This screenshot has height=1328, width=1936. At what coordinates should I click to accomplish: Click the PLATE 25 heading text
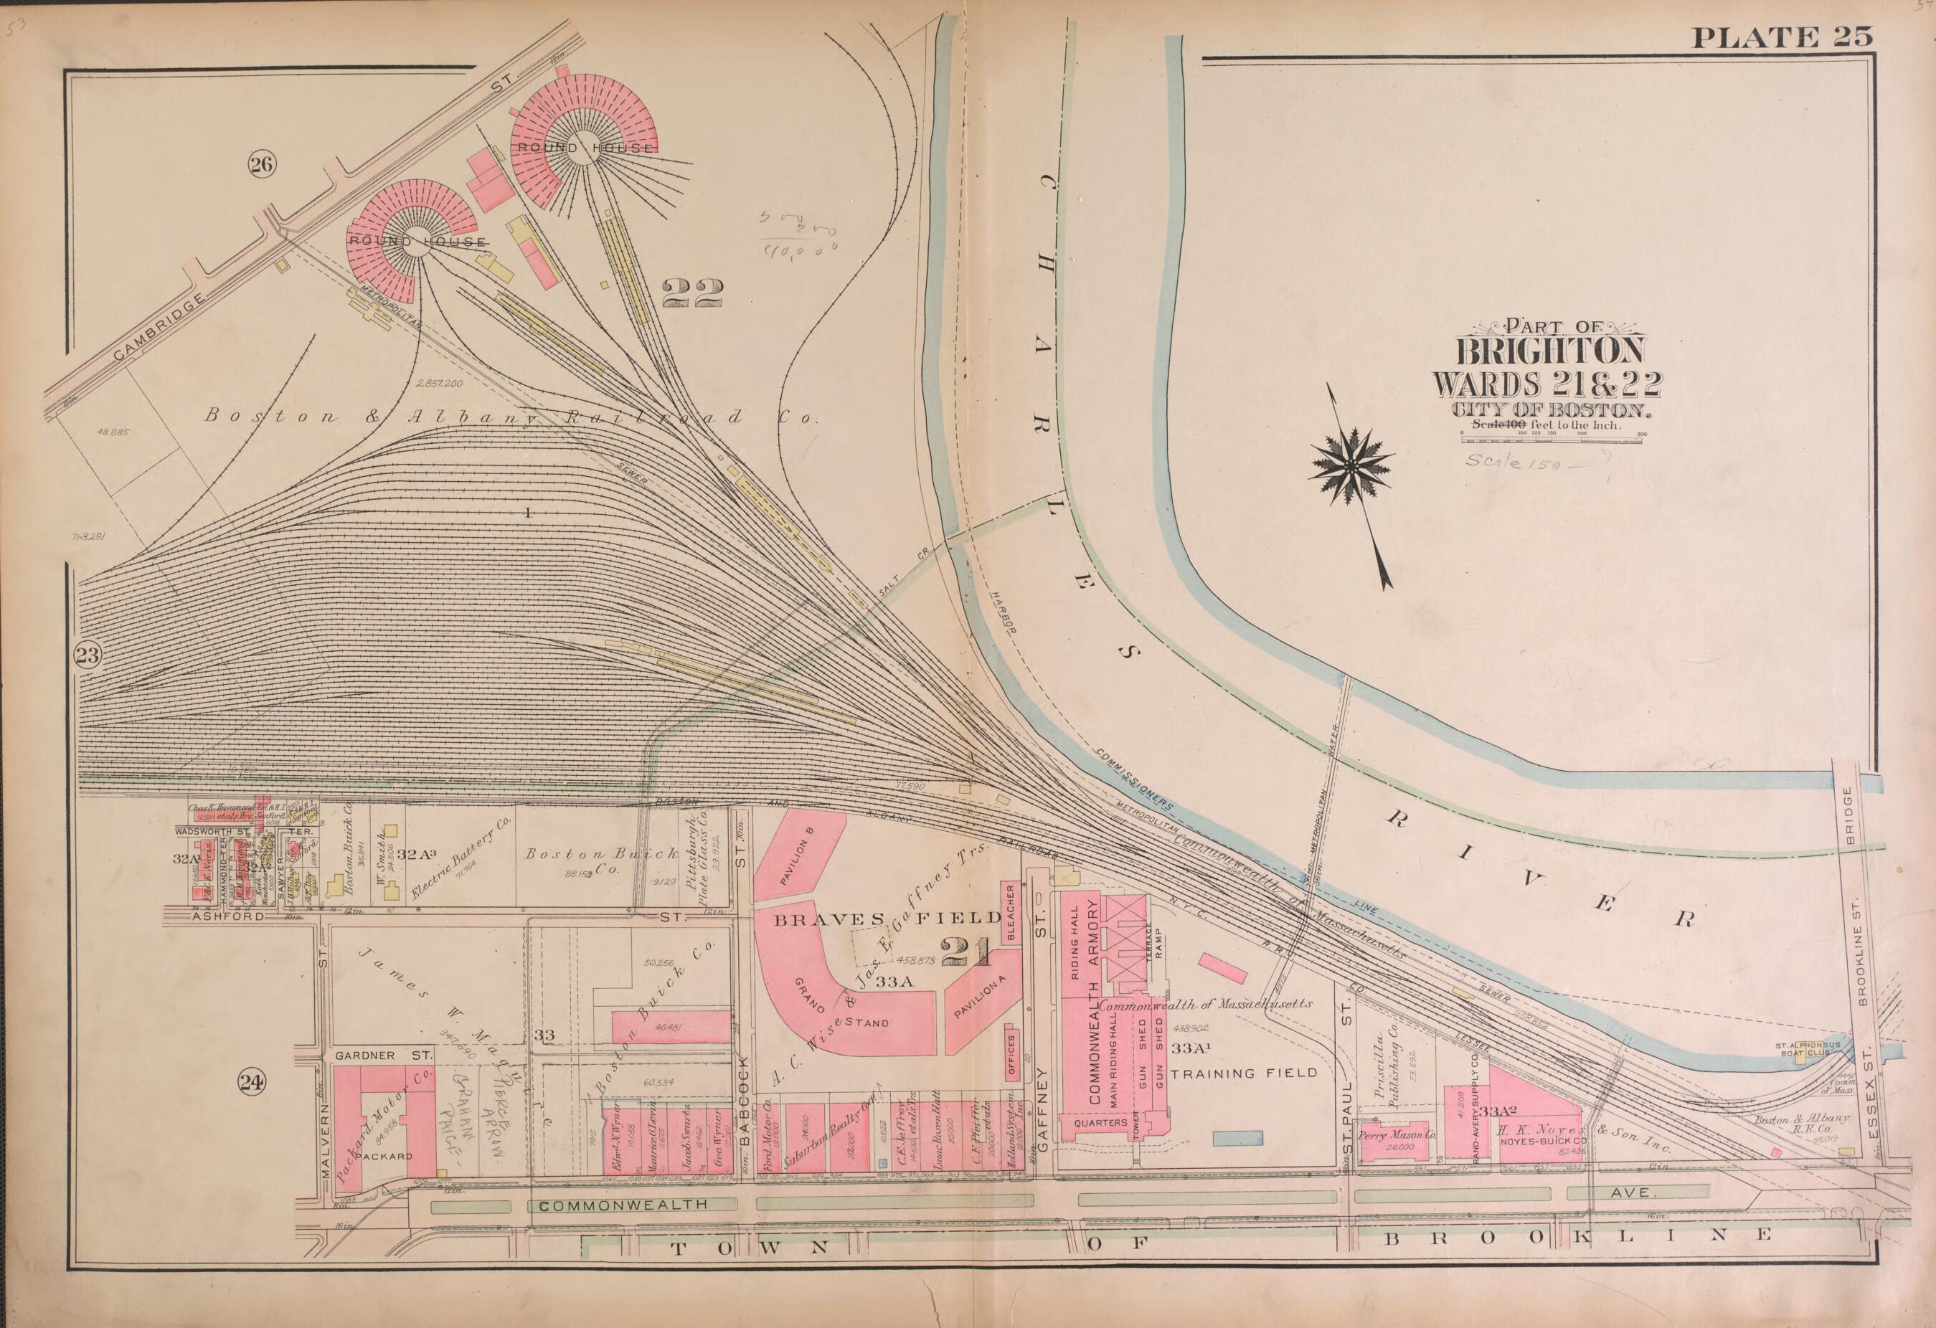tap(1781, 37)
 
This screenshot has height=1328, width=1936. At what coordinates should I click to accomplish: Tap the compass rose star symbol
tap(1351, 468)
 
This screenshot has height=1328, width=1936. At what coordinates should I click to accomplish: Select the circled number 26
tap(260, 165)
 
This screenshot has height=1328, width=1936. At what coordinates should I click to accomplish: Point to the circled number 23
tap(88, 655)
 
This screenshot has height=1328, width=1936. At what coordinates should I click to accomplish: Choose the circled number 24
tap(252, 1081)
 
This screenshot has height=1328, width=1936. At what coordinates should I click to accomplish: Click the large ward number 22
tap(692, 293)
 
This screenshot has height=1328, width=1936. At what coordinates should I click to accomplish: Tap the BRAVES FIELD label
tap(887, 919)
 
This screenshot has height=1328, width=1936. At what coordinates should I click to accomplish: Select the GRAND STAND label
tap(841, 1006)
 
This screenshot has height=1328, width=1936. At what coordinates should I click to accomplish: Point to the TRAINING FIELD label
tap(1244, 1073)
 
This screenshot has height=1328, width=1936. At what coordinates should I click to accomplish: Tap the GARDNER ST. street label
tap(382, 1055)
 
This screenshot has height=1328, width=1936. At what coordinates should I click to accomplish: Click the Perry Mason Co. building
tap(1397, 1136)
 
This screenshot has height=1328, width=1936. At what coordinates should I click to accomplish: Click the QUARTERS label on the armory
tap(1100, 1123)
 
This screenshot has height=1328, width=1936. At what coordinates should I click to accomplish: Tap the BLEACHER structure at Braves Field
tap(1011, 914)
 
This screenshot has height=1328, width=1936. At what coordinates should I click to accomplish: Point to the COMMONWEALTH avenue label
tap(623, 1205)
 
